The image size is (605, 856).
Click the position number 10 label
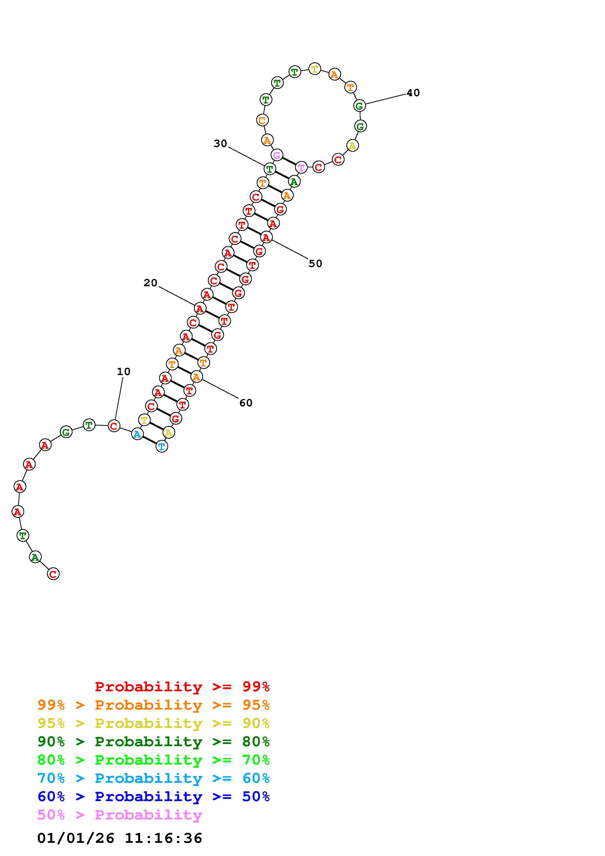124,372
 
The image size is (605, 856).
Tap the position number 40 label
413,93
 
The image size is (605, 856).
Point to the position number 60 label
246,403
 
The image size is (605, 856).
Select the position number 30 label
220,143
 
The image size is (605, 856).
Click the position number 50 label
315,264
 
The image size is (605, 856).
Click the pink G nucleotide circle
277,155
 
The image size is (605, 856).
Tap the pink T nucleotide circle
301,168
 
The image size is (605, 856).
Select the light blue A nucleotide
137,434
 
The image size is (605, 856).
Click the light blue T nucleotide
161,446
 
